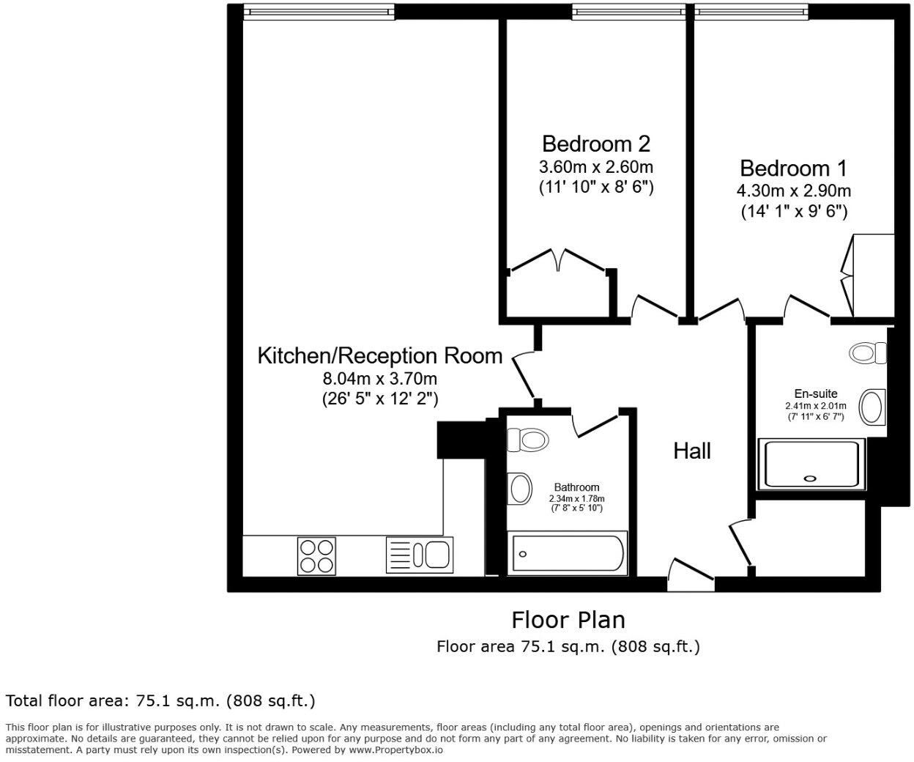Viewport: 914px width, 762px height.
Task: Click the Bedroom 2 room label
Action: (x=595, y=143)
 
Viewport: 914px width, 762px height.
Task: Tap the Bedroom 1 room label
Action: (x=793, y=168)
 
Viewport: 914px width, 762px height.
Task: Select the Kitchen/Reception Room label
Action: (x=379, y=356)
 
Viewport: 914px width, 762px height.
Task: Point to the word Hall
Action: (x=692, y=451)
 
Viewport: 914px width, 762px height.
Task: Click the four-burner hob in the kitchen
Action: (x=316, y=555)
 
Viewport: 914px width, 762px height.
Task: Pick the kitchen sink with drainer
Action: (x=419, y=555)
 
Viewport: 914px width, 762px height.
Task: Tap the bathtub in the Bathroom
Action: (x=568, y=554)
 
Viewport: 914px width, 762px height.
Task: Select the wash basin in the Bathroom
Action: (x=520, y=488)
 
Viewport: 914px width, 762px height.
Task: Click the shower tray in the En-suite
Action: (x=809, y=463)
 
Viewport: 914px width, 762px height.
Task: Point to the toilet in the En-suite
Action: (x=866, y=352)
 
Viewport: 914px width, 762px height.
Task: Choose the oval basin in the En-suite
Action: (x=872, y=407)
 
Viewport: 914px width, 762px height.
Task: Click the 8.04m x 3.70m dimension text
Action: (x=379, y=379)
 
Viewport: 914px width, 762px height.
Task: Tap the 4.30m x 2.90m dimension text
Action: (x=793, y=191)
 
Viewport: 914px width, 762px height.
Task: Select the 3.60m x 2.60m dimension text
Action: (x=595, y=166)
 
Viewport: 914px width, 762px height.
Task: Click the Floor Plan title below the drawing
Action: (x=568, y=620)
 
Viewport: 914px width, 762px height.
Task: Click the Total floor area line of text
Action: (x=160, y=700)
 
